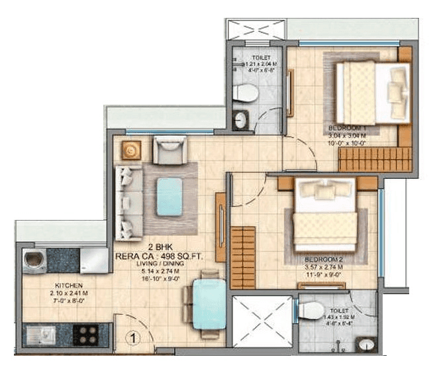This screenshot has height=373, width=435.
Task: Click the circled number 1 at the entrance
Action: tap(132, 337)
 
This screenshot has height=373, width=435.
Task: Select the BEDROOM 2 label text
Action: tap(322, 258)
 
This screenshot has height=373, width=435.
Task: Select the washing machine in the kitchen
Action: tap(34, 260)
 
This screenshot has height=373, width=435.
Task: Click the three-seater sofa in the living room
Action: tap(126, 203)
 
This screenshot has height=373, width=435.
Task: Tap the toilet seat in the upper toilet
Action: tap(244, 93)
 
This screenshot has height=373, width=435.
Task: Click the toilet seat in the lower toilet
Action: tap(311, 309)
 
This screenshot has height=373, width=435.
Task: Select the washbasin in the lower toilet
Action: tap(365, 344)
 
